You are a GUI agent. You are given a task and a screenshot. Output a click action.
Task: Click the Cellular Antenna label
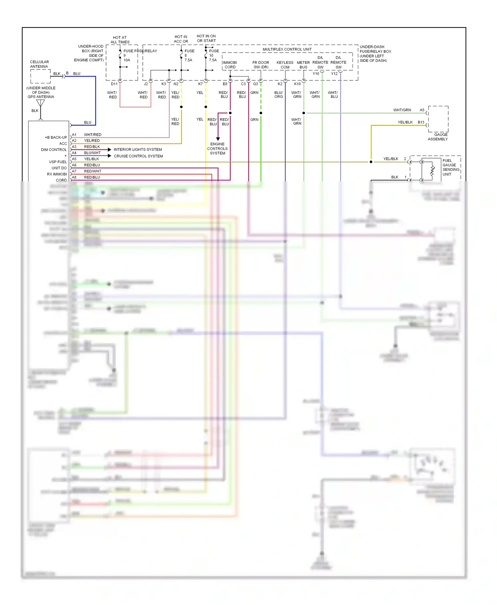(39, 64)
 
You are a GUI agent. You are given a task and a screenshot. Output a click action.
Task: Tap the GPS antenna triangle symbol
(40, 103)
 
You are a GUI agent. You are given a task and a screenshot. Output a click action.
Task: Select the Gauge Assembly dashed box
(438, 119)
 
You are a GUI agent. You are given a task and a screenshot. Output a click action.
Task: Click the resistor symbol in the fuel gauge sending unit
(432, 171)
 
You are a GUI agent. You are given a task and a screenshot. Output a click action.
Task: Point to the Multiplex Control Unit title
(287, 49)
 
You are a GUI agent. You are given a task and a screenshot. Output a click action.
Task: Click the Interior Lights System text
(138, 150)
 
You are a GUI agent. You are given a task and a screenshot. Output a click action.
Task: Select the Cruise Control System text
(138, 156)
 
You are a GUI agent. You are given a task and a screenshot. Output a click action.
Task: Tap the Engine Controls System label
(217, 149)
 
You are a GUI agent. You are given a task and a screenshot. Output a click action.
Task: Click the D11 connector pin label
(114, 84)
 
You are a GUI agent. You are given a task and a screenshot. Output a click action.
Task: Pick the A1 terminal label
(74, 135)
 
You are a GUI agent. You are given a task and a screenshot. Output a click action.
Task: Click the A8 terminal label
(74, 177)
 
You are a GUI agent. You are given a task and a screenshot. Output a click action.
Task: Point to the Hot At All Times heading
(120, 40)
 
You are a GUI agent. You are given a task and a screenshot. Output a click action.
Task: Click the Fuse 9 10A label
(127, 56)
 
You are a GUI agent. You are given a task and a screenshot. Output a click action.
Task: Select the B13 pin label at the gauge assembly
(421, 122)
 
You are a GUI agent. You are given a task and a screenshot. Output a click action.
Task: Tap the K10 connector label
(297, 84)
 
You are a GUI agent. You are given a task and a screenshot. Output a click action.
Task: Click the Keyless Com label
(285, 65)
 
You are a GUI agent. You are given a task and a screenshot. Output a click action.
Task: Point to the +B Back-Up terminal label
(56, 137)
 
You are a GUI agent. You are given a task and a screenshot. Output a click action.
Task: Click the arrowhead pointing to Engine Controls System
(218, 139)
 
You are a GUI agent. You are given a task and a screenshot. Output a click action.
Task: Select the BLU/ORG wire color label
(279, 95)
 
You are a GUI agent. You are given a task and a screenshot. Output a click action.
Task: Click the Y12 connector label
(334, 74)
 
